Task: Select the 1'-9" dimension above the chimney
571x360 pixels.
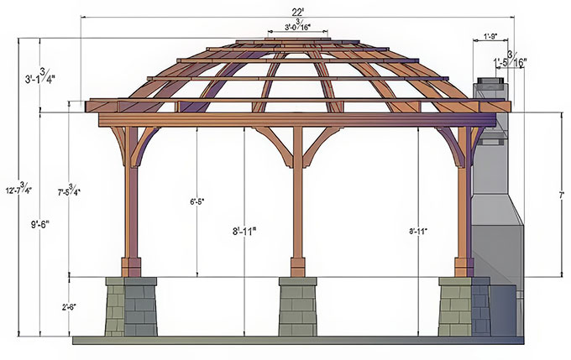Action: pyautogui.click(x=491, y=36)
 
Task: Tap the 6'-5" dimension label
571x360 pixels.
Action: pyautogui.click(x=198, y=202)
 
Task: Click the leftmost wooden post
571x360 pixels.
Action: pyautogui.click(x=131, y=201)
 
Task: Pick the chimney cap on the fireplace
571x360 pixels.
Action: pyautogui.click(x=490, y=84)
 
